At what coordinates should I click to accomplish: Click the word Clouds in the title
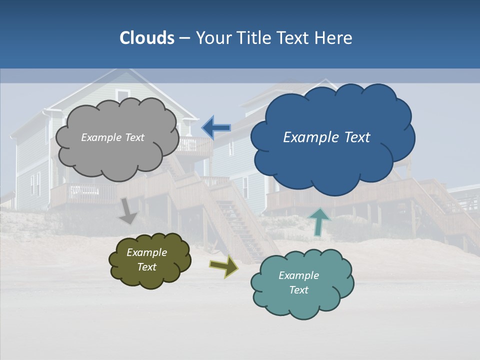[147, 38]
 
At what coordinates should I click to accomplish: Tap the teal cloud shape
[302, 302]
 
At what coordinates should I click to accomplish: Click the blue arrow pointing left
[216, 128]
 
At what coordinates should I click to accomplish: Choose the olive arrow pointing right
[223, 266]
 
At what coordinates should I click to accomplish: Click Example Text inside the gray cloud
[112, 137]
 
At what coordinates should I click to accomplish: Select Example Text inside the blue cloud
[326, 137]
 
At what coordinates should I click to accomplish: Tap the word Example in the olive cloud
[146, 252]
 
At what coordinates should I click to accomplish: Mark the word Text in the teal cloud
[298, 290]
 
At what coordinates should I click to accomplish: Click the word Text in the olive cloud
[146, 267]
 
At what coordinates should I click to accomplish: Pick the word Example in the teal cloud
[298, 275]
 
